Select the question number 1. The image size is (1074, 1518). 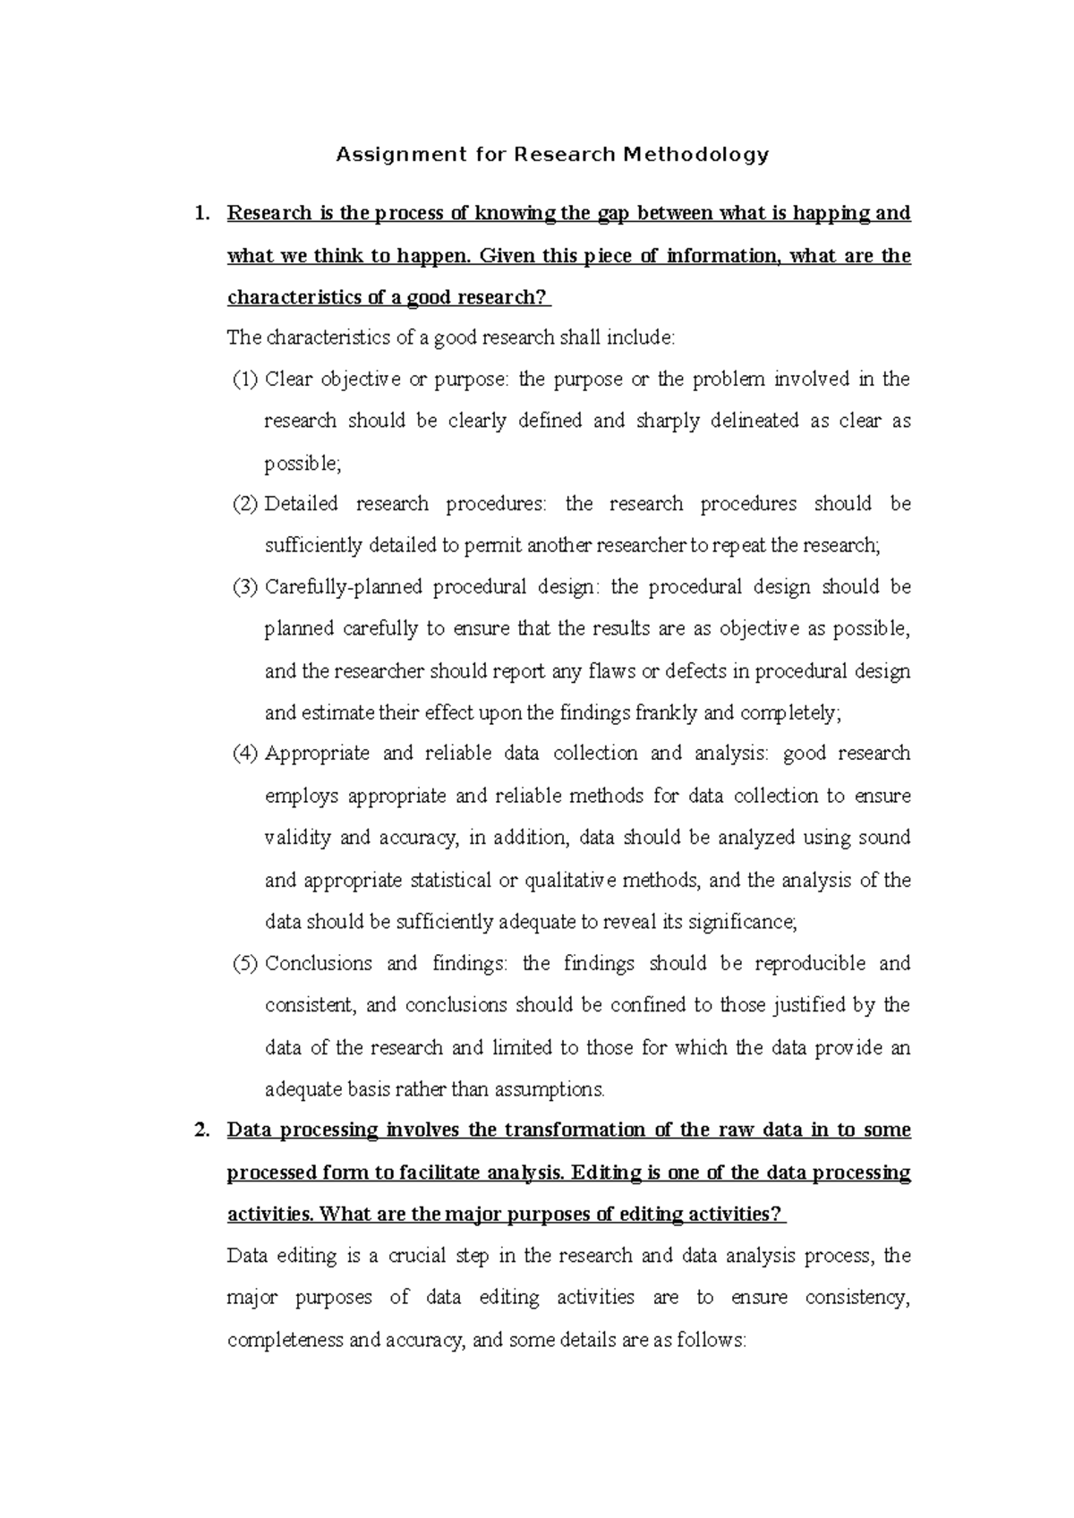point(202,214)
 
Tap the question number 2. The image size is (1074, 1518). point(202,1130)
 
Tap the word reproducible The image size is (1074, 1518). point(810,964)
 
